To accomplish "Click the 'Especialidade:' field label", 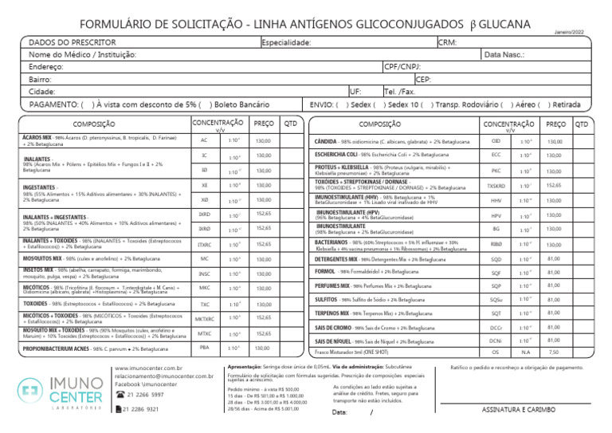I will (x=287, y=41).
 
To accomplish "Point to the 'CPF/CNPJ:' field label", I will (x=403, y=67).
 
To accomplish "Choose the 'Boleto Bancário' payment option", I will (x=242, y=104).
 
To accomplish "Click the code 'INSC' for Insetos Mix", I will (x=205, y=251).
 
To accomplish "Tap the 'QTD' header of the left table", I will (x=291, y=124).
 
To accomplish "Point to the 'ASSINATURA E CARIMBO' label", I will (x=520, y=410).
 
